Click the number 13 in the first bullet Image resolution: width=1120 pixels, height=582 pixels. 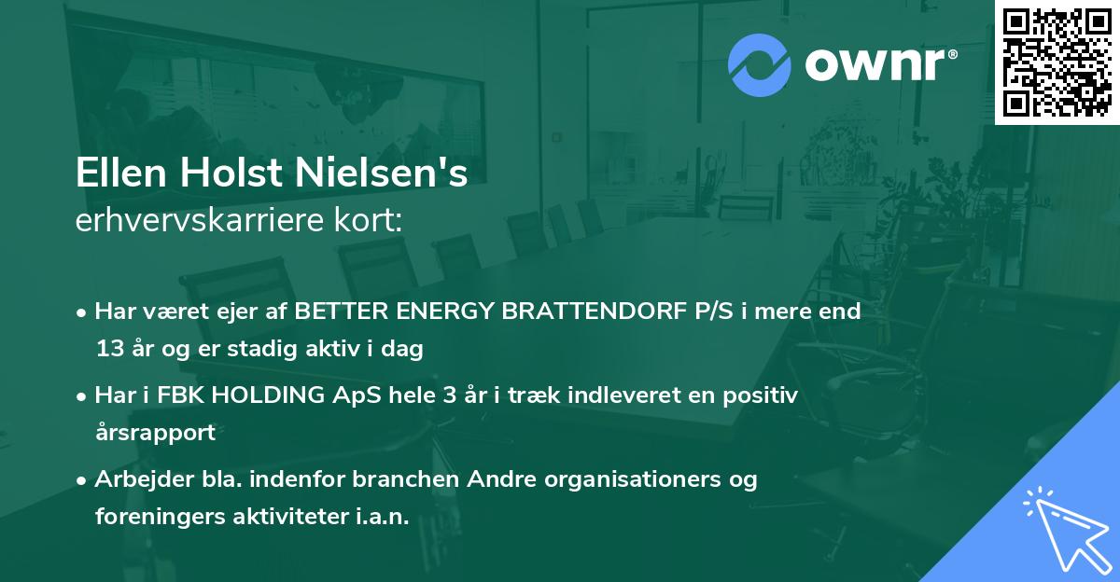[x=110, y=350]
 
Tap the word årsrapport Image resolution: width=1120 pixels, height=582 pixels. [x=155, y=433]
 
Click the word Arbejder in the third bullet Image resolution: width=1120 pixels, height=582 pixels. [x=135, y=479]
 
